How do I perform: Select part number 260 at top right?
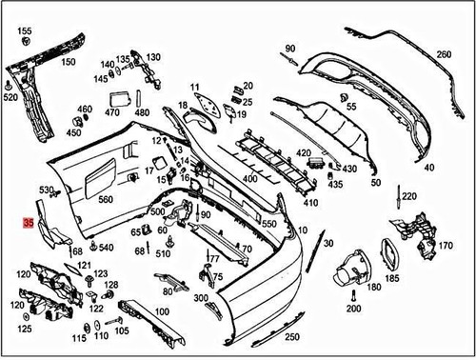coord(444,54)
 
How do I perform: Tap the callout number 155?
coord(25,31)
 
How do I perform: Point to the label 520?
coord(10,97)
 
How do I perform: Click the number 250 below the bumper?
coord(291,337)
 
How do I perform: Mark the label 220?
coord(408,196)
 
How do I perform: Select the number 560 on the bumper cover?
coord(105,199)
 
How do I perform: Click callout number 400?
coord(250,178)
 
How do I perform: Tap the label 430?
coord(349,169)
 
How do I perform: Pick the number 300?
coord(201,299)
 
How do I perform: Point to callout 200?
coord(354,309)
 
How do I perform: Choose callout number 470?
coord(112,112)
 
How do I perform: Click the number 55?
coord(351,107)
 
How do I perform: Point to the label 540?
coord(106,248)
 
